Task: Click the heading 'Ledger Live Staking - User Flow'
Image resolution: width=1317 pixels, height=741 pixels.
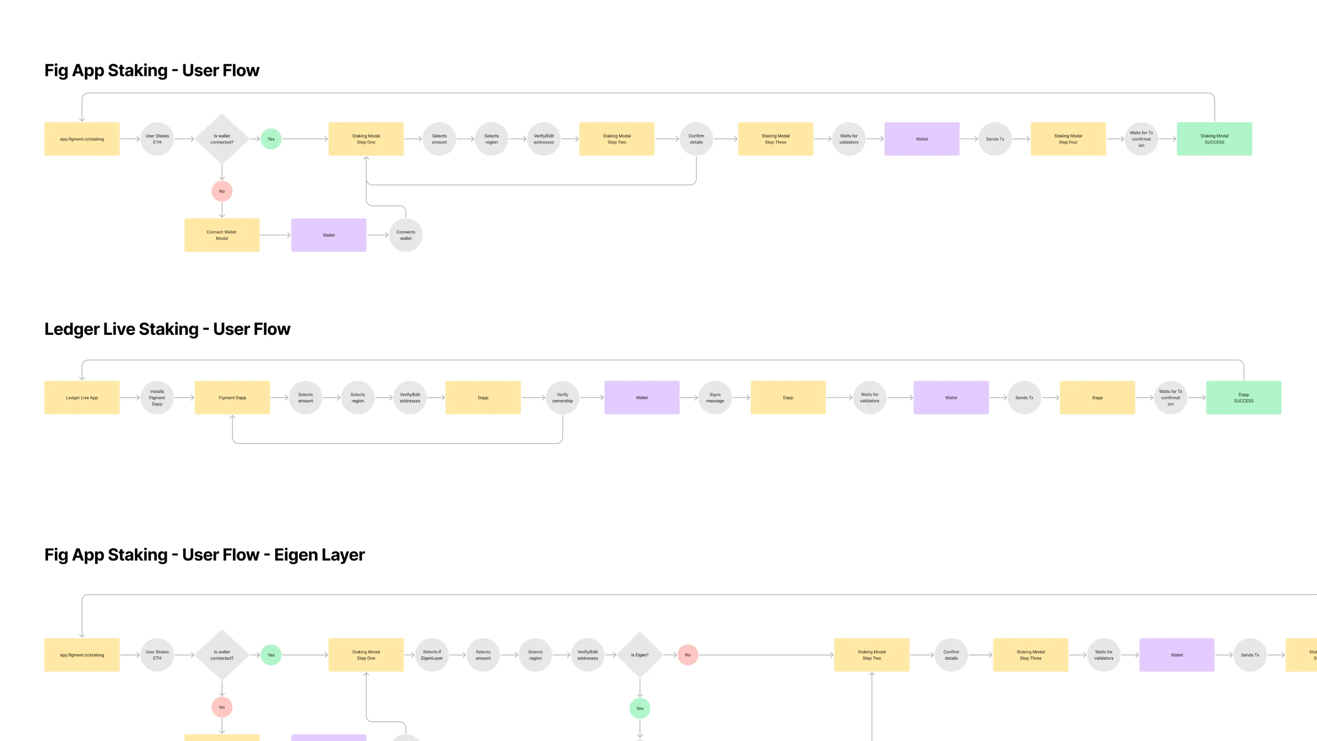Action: coord(167,329)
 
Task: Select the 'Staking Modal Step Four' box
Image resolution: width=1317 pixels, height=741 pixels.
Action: coord(1068,139)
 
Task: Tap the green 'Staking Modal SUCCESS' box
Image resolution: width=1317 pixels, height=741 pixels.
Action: coord(1214,139)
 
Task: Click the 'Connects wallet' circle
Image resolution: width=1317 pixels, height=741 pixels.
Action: coord(405,235)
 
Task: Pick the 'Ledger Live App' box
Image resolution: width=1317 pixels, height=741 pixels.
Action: coord(82,397)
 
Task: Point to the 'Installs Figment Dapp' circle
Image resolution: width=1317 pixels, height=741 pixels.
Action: coord(157,397)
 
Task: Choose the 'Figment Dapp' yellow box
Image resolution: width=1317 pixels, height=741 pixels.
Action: coord(232,397)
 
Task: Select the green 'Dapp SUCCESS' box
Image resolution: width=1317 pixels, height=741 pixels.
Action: coord(1243,397)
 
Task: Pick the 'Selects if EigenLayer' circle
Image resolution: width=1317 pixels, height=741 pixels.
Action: coord(431,655)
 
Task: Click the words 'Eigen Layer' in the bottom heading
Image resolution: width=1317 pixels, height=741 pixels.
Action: coord(319,555)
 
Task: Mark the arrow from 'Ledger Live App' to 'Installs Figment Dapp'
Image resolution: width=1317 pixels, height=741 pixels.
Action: coord(130,397)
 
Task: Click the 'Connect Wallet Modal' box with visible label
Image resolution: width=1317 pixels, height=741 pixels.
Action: coord(221,235)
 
